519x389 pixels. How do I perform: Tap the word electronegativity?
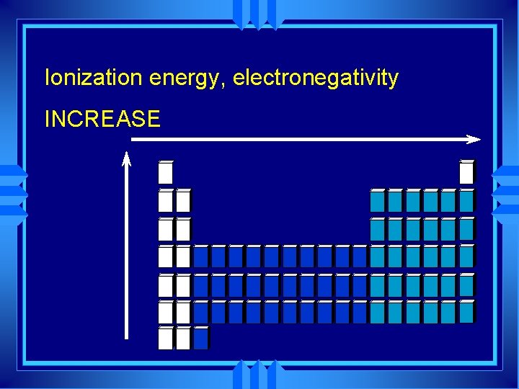pos(316,78)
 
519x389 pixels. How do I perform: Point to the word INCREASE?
pos(102,119)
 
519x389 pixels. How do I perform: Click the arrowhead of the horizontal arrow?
pos(473,138)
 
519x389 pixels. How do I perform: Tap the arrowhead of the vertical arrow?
pos(126,158)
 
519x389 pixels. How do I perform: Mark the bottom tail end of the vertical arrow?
pos(126,336)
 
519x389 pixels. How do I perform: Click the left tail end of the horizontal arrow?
pos(133,138)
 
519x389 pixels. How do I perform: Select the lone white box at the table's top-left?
pos(166,172)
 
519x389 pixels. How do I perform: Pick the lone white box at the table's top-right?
pos(467,172)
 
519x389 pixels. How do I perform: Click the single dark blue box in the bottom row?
pos(201,338)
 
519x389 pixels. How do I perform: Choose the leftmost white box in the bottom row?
pos(166,338)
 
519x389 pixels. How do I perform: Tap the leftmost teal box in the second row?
pos(378,200)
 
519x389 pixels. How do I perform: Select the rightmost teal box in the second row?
pos(467,200)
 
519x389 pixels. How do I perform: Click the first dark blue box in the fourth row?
pos(201,256)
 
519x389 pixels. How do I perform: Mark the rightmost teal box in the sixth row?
pos(467,312)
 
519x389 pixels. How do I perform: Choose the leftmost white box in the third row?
pos(166,229)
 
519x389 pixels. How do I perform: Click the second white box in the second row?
pos(183,200)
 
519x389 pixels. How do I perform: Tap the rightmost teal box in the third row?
pos(467,229)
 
